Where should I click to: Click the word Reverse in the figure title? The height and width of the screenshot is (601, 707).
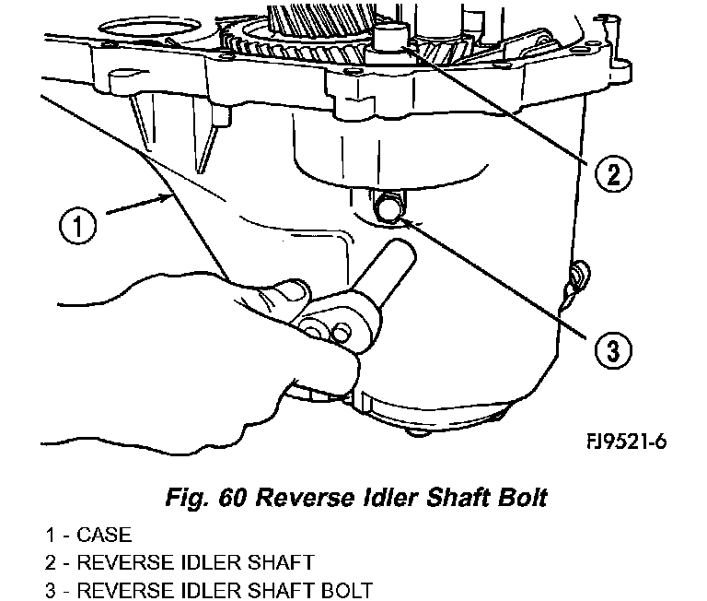pyautogui.click(x=303, y=498)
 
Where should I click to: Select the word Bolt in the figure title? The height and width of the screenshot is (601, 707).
pyautogui.click(x=518, y=498)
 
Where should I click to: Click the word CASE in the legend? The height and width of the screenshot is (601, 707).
pyautogui.click(x=104, y=535)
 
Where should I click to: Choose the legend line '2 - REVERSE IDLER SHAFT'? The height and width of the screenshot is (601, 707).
pyautogui.click(x=179, y=562)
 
